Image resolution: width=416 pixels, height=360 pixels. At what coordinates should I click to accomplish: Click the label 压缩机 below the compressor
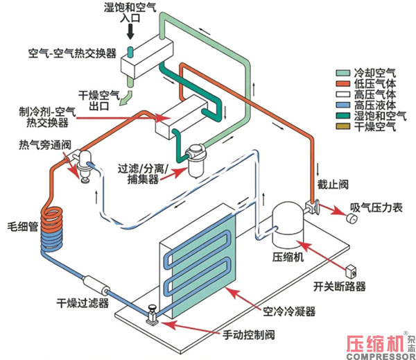(x=288, y=257)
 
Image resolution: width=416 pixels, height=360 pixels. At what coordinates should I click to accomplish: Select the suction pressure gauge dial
(x=352, y=218)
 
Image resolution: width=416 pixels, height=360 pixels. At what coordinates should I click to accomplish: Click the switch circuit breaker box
(x=350, y=271)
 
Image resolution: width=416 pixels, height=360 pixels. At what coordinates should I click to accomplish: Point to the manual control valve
(x=153, y=316)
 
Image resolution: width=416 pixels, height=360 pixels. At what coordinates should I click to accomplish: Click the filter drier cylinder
(x=96, y=286)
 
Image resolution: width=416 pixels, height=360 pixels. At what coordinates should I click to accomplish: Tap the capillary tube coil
(x=52, y=229)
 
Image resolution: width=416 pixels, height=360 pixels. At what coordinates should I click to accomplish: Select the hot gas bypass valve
(x=84, y=166)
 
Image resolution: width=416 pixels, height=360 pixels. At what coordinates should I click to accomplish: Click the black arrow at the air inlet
(x=130, y=32)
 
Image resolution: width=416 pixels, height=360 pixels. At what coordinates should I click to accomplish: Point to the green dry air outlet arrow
(x=125, y=98)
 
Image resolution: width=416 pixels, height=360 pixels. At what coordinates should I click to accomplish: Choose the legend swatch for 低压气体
(x=343, y=83)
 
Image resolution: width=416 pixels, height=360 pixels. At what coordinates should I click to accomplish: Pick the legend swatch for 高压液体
(x=343, y=105)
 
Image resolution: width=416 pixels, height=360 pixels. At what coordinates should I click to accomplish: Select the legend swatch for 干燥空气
(x=343, y=126)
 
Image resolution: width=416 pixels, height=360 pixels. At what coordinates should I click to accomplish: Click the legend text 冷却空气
(x=374, y=73)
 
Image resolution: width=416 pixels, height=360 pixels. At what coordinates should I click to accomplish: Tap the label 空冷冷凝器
(x=289, y=311)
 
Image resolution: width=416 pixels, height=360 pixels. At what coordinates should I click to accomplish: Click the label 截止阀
(x=333, y=185)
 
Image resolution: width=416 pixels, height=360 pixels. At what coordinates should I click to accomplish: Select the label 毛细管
(x=23, y=227)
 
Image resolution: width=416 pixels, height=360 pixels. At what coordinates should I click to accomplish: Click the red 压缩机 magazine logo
(x=376, y=344)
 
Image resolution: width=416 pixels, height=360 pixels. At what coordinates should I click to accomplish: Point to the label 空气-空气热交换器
(x=72, y=53)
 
